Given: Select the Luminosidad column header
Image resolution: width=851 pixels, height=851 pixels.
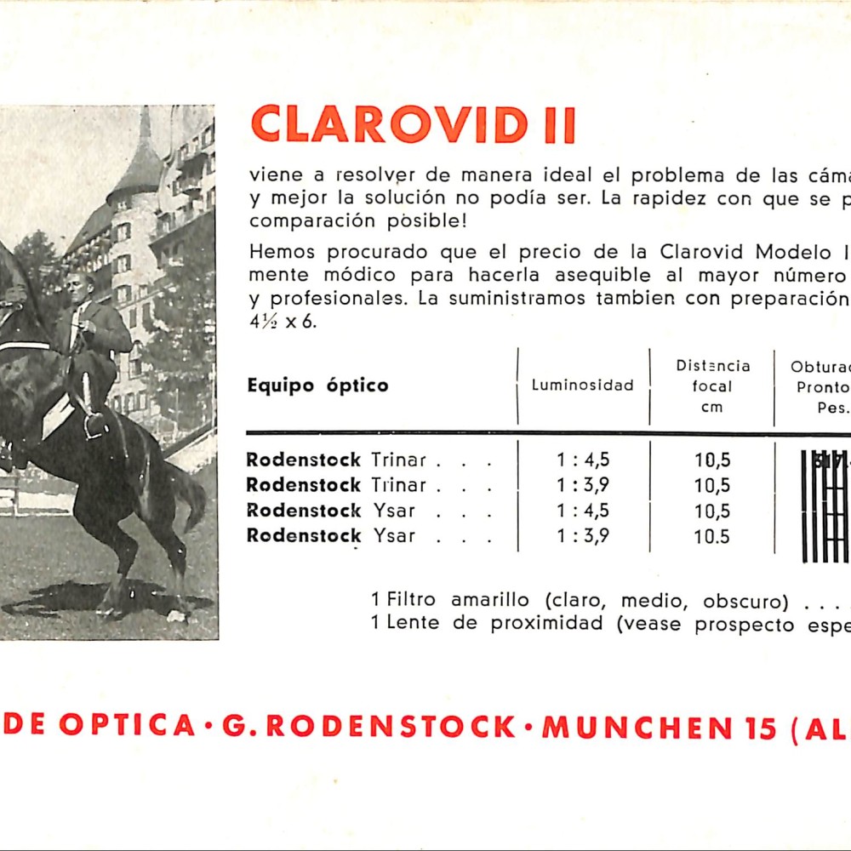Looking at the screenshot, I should click(x=583, y=386).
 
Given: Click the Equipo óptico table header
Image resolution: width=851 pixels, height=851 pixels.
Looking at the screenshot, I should click(x=317, y=386).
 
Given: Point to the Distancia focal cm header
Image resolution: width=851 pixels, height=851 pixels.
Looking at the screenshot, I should click(x=713, y=386).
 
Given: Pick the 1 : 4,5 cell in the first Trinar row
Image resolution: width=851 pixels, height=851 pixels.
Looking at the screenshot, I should click(x=583, y=460).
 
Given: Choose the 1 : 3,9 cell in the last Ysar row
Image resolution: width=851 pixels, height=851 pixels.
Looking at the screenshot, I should click(x=583, y=536).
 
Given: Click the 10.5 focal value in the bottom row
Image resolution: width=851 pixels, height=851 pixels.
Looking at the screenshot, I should click(x=712, y=536).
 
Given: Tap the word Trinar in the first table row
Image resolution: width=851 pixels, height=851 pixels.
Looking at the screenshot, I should click(x=398, y=460).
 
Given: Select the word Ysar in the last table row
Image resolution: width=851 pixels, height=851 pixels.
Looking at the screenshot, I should click(x=393, y=536).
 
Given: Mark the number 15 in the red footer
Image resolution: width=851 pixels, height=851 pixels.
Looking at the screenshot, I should click(x=760, y=727).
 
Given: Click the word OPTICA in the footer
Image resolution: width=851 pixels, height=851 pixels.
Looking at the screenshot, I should click(x=127, y=726).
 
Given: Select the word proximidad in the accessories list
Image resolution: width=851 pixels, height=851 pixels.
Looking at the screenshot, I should click(x=546, y=623).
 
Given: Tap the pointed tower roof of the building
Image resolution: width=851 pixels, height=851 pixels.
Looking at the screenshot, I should click(x=139, y=162).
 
